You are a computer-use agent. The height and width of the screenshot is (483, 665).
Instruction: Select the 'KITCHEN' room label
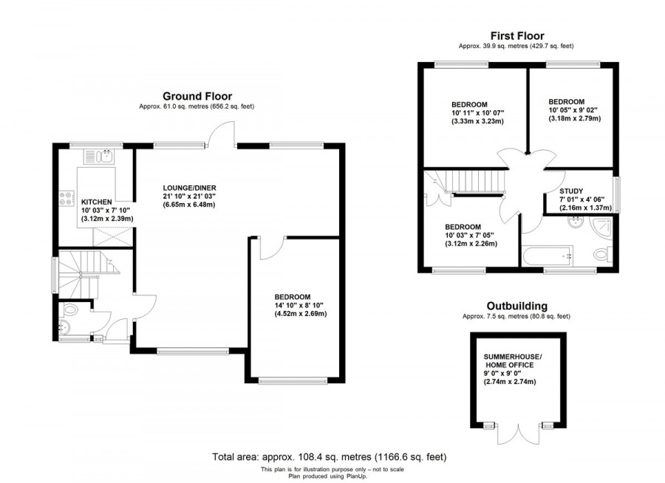[x=96, y=202]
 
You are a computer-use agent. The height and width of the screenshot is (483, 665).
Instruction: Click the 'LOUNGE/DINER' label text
[x=189, y=188]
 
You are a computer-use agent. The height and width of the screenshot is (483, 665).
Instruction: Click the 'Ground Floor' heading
[x=197, y=96]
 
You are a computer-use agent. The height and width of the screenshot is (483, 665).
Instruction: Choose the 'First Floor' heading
[x=516, y=35]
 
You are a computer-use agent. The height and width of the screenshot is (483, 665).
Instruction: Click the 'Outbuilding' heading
[x=516, y=306]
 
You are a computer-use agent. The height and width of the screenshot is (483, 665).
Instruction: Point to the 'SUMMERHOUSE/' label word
[x=512, y=357]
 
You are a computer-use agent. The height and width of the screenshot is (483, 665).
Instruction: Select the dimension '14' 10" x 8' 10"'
[x=299, y=305]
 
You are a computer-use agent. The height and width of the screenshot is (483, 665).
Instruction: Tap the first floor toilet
[x=602, y=256]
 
